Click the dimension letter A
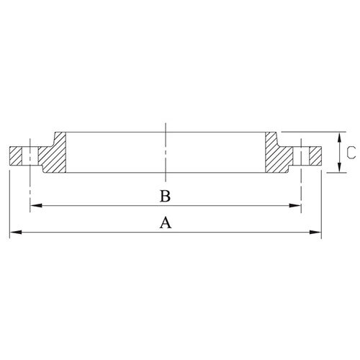(166, 222)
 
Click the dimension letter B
(166, 196)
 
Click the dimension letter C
(351, 152)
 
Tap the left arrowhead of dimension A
(16, 233)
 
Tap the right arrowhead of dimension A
(315, 233)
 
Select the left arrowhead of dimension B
(36, 206)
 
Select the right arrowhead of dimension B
(294, 206)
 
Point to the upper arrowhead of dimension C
(339, 138)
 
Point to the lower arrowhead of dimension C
(339, 166)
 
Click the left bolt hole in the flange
(30, 156)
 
